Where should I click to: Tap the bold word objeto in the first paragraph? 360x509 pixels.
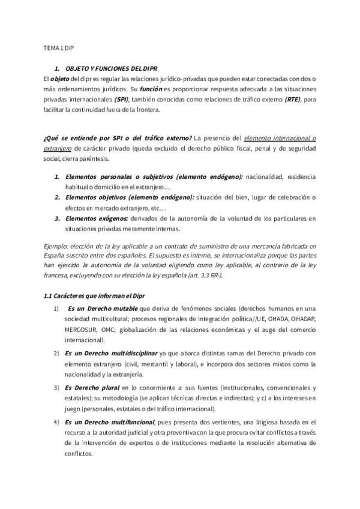click(x=60, y=79)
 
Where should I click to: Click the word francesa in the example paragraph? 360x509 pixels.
click(x=58, y=268)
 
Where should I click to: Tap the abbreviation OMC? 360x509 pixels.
click(x=110, y=330)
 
